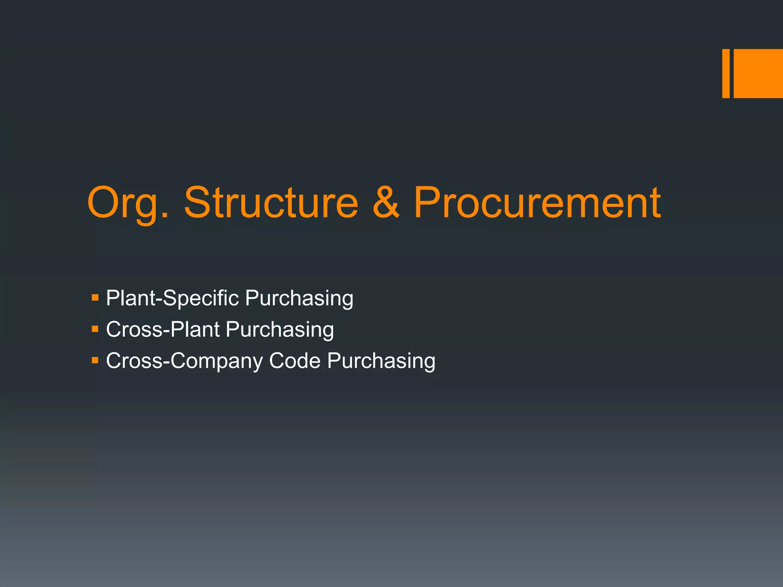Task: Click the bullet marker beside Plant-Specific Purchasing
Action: (x=95, y=297)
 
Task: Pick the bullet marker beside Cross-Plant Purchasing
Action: (x=95, y=329)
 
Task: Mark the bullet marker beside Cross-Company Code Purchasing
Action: (x=95, y=360)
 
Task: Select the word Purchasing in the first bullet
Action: (x=299, y=298)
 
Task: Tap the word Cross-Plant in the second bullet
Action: (x=163, y=329)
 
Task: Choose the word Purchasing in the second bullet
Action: (x=279, y=329)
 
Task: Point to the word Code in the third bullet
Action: (x=294, y=361)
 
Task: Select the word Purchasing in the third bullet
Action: (x=381, y=361)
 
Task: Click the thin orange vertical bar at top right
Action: (x=726, y=73)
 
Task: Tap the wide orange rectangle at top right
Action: (x=758, y=73)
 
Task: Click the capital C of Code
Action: (x=276, y=361)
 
